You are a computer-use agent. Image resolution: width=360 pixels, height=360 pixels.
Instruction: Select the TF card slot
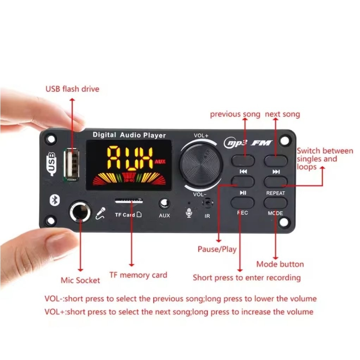click(129, 201)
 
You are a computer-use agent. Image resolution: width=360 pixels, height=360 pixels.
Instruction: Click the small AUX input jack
click(164, 204)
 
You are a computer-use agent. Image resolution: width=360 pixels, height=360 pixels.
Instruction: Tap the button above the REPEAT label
click(276, 182)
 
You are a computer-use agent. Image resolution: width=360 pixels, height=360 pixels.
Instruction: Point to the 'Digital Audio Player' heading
click(129, 135)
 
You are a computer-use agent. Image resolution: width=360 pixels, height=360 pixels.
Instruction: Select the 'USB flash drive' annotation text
click(72, 89)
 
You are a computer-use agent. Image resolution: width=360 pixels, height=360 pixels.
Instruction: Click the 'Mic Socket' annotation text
click(80, 280)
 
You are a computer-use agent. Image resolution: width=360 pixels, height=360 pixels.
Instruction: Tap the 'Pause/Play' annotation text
click(217, 249)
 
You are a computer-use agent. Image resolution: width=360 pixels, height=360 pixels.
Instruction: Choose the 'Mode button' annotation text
click(280, 264)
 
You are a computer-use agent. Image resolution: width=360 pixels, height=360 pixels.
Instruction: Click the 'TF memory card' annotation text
click(138, 275)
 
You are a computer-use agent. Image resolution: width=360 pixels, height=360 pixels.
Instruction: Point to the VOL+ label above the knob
click(201, 136)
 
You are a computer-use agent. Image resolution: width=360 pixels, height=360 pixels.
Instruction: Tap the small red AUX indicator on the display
click(160, 162)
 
